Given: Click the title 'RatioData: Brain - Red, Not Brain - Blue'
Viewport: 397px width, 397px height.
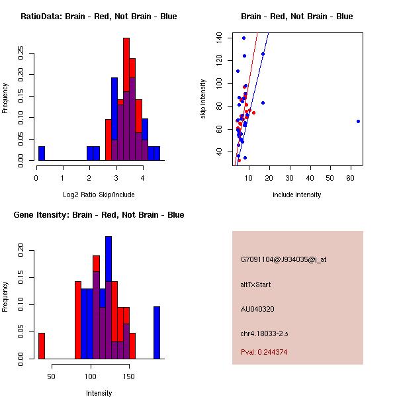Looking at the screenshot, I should (x=99, y=16).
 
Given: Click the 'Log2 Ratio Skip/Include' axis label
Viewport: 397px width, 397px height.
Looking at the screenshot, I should (x=99, y=195).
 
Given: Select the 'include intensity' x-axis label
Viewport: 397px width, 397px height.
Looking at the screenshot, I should (x=297, y=195).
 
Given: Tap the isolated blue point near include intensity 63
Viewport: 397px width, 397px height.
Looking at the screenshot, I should (x=358, y=121).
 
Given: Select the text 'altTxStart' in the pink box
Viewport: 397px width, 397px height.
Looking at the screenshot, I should (x=256, y=285).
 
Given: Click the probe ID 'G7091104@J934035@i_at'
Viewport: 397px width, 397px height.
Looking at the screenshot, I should (x=284, y=259).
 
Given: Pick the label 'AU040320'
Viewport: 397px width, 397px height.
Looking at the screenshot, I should (x=257, y=308).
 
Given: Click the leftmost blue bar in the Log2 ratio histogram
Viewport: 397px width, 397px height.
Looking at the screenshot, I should (x=42, y=154).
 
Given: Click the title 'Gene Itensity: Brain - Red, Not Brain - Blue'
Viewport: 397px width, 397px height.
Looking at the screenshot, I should (x=99, y=214).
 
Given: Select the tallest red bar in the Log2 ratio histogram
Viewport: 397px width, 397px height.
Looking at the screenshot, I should (x=126, y=99).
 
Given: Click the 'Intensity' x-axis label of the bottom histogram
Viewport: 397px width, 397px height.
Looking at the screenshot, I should (x=99, y=393).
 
